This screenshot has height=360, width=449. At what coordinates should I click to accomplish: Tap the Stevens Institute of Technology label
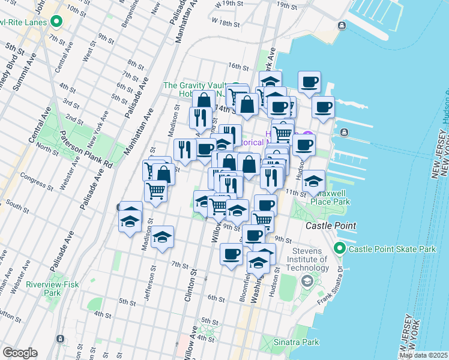point(309,255)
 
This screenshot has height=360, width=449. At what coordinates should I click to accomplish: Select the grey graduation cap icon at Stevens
point(307,281)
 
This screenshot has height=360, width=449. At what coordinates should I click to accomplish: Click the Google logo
point(19,353)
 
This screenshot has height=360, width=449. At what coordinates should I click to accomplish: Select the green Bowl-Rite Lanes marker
point(57,23)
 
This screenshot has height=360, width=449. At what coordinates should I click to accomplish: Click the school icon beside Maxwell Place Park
point(313,181)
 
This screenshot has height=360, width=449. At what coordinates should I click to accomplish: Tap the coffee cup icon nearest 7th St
point(231,255)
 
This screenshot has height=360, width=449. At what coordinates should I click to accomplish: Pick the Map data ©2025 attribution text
point(423,355)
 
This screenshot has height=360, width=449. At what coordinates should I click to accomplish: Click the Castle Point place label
point(331,226)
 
